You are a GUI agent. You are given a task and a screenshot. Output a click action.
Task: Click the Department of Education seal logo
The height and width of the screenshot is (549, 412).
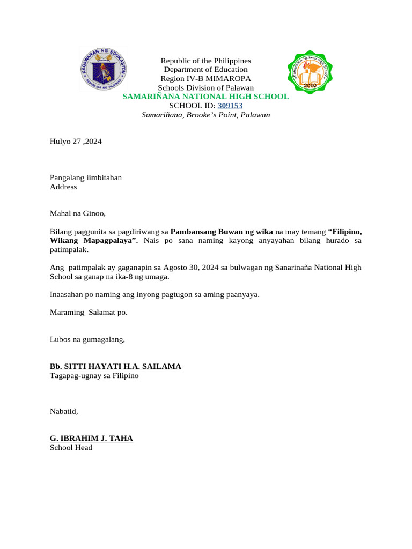click(x=104, y=69)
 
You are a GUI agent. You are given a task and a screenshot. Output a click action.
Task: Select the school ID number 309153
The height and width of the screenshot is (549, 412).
click(x=230, y=106)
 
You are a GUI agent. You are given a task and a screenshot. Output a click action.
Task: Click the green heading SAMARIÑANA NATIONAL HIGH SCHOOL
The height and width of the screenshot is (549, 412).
click(x=205, y=97)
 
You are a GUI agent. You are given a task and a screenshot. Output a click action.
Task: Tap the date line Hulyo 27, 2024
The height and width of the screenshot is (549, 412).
click(x=76, y=142)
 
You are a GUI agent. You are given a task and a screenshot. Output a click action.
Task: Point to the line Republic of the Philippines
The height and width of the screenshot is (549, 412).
click(x=206, y=61)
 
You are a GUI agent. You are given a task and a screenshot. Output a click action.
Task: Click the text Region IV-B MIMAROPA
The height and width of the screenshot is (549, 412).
click(x=206, y=79)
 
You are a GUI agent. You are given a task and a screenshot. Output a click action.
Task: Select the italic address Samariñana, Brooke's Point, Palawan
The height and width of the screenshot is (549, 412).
click(x=205, y=115)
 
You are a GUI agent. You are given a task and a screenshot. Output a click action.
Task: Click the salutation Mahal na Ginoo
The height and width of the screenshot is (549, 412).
click(x=78, y=213)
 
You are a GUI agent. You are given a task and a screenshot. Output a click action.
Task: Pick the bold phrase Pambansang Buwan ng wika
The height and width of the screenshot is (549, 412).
click(x=222, y=232)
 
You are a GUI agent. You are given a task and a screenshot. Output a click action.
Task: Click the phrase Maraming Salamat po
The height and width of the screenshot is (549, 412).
click(x=89, y=313)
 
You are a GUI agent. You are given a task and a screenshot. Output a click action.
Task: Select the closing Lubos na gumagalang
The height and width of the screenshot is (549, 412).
click(x=87, y=339)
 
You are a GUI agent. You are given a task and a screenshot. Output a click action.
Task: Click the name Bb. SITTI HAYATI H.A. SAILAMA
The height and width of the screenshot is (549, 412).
click(x=115, y=366)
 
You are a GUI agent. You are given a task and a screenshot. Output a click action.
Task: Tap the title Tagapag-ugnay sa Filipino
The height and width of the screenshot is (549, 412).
click(x=94, y=376)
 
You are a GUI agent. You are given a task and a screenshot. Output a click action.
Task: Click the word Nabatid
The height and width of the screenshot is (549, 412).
click(x=64, y=412)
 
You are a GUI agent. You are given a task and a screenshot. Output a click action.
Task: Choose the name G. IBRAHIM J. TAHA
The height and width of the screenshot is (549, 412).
click(x=91, y=439)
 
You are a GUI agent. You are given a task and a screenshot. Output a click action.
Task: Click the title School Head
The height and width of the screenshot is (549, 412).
click(x=71, y=448)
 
